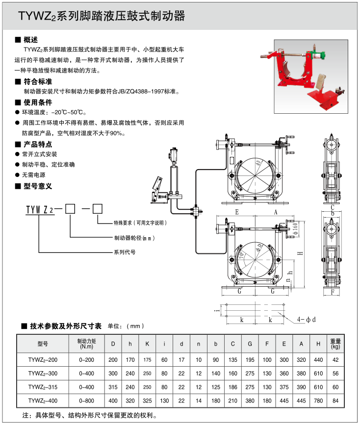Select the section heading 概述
[30, 39]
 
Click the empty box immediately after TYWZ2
[70, 209]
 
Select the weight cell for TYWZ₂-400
[335, 400]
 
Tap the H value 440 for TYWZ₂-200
[318, 359]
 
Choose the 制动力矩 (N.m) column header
[86, 343]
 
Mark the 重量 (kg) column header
[335, 343]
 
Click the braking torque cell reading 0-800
[86, 400]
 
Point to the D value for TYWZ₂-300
[113, 373]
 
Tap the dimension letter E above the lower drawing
[237, 212]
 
